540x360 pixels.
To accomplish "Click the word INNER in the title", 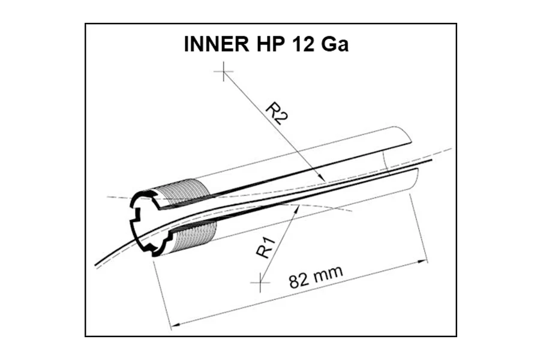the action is point(216,44).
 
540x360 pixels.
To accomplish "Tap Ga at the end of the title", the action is point(335,44).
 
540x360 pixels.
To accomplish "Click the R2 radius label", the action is point(277,113).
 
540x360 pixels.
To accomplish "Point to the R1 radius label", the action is point(266,248).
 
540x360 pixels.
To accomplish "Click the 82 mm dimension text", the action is point(316,277).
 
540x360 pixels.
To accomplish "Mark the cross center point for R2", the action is point(224,71).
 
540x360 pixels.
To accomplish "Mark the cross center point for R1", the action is point(260,283).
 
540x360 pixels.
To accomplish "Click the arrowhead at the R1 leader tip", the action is point(297,208).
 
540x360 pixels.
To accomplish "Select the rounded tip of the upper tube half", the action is point(404,136).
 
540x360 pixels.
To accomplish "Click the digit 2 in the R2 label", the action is point(281,119).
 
